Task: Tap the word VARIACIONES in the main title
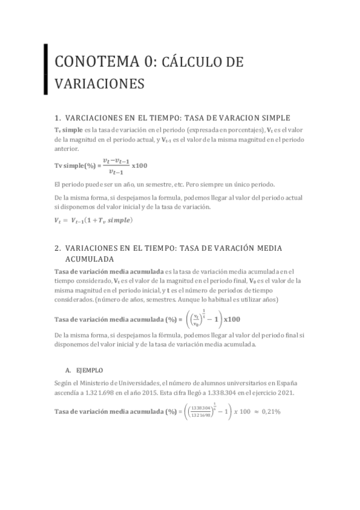tap(99, 84)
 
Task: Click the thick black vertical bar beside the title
tap(46, 69)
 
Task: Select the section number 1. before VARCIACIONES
tap(58, 117)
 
